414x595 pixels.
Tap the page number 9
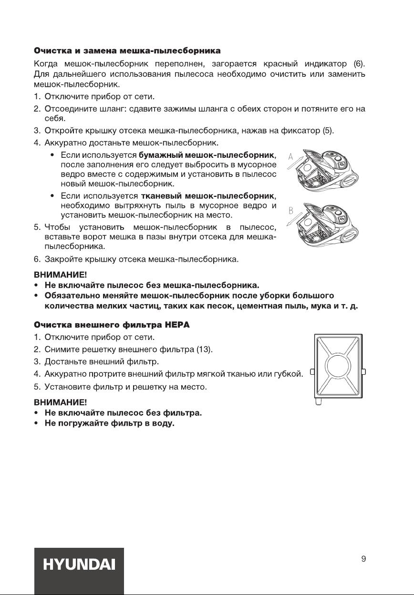(x=363, y=559)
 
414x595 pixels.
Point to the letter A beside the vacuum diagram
(x=290, y=157)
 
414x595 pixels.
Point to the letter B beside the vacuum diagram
(x=290, y=210)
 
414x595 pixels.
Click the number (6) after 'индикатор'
(x=359, y=64)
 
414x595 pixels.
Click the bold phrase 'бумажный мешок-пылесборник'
(x=207, y=155)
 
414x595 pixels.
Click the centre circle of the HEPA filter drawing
(x=338, y=369)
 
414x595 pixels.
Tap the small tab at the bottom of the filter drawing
(x=319, y=403)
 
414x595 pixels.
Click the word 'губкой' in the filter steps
(x=291, y=375)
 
